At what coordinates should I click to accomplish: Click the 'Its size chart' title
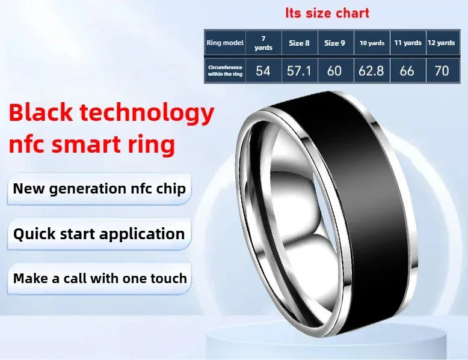[x=327, y=13]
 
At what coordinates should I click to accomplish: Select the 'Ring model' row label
[x=224, y=43]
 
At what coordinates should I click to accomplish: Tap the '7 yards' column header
[x=263, y=43]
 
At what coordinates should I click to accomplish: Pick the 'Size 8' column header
[x=299, y=43]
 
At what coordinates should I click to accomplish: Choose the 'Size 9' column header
[x=334, y=43]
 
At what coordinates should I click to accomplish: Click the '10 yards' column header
[x=372, y=43]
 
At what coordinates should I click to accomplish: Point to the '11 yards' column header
[x=407, y=43]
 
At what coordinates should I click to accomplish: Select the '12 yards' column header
[x=442, y=43]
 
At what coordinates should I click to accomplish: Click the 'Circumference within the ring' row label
[x=224, y=70]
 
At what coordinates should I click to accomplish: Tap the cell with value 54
[x=263, y=70]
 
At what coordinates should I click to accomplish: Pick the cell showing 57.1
[x=299, y=70]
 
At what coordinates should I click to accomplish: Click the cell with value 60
[x=334, y=70]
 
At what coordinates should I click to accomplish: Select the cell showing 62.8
[x=372, y=70]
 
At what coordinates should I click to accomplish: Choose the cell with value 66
[x=407, y=70]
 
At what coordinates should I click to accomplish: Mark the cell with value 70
[x=442, y=70]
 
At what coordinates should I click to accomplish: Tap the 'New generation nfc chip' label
[x=99, y=189]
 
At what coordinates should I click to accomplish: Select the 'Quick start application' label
[x=99, y=234]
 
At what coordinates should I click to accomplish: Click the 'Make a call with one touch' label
[x=100, y=278]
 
